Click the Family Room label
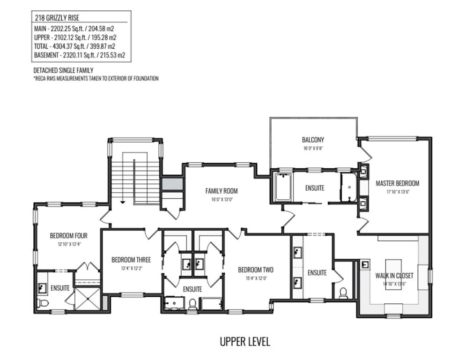click(x=221, y=191)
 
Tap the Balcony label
click(x=313, y=140)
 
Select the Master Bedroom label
click(x=398, y=183)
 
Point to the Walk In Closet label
click(x=394, y=276)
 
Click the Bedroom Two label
click(x=256, y=270)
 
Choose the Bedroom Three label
click(x=131, y=260)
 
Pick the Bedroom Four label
click(x=68, y=236)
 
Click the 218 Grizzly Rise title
click(x=57, y=18)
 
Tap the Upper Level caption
click(x=245, y=342)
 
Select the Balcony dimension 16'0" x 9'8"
click(x=313, y=148)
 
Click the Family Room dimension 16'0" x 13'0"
click(x=221, y=199)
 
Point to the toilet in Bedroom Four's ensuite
click(x=43, y=303)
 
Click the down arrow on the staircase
click(x=122, y=202)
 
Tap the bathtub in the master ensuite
click(x=283, y=187)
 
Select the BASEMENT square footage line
click(x=80, y=55)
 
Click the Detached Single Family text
click(x=63, y=70)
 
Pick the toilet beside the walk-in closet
click(x=343, y=293)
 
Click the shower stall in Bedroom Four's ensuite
click(x=88, y=299)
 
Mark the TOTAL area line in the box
click(x=74, y=46)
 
